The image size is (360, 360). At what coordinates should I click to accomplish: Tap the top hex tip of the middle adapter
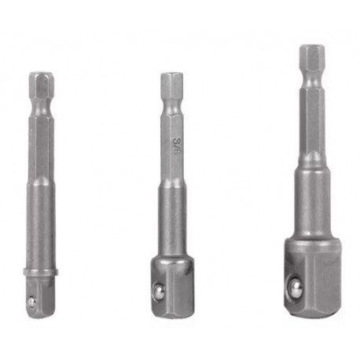pos(172,82)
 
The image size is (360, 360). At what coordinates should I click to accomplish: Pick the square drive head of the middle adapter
pos(172,283)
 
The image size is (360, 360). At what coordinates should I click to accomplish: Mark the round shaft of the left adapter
pos(41,228)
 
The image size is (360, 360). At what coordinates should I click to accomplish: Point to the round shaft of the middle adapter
pos(172,220)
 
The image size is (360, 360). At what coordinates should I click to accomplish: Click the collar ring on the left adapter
pos(41,272)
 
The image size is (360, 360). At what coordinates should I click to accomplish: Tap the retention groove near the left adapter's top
pos(41,99)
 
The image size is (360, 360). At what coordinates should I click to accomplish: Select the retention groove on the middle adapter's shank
pos(172,98)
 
